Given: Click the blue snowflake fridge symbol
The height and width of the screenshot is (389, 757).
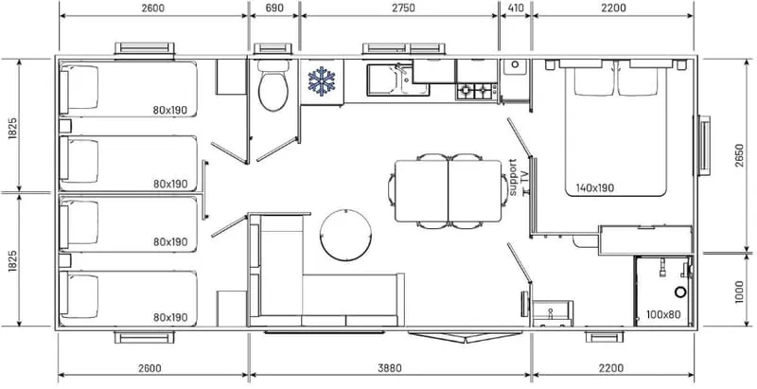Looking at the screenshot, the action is coord(322,81).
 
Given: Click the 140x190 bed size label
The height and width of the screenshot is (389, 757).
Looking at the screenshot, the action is coord(595,188).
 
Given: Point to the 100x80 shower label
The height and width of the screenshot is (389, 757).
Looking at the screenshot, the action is coord(664,315).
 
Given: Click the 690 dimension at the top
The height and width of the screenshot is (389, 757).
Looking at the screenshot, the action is coord(273,8).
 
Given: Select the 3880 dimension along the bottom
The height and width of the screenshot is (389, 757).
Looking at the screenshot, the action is coord(389,368).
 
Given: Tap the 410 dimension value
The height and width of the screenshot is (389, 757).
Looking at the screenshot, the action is coord(516,8).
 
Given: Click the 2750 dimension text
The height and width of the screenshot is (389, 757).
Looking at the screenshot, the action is coord(403,8).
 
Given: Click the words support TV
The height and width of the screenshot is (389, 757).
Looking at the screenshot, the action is coord(517,178).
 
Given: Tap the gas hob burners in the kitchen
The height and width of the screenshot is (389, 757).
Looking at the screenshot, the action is coord(476,90).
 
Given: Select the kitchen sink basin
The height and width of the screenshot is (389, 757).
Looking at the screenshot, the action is coord(384,80).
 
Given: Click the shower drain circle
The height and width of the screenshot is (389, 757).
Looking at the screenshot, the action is coord(680,292).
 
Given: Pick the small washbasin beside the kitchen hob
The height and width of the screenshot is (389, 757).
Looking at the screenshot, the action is coord(515,66).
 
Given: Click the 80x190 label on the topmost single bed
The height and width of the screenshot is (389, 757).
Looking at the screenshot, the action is coord(170,110).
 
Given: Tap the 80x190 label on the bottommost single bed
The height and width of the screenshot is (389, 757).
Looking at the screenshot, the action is coord(170,318).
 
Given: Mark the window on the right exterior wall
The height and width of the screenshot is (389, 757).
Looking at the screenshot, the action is coord(704,146).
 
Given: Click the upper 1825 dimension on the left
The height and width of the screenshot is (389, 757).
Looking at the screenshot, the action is coord(13,129).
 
